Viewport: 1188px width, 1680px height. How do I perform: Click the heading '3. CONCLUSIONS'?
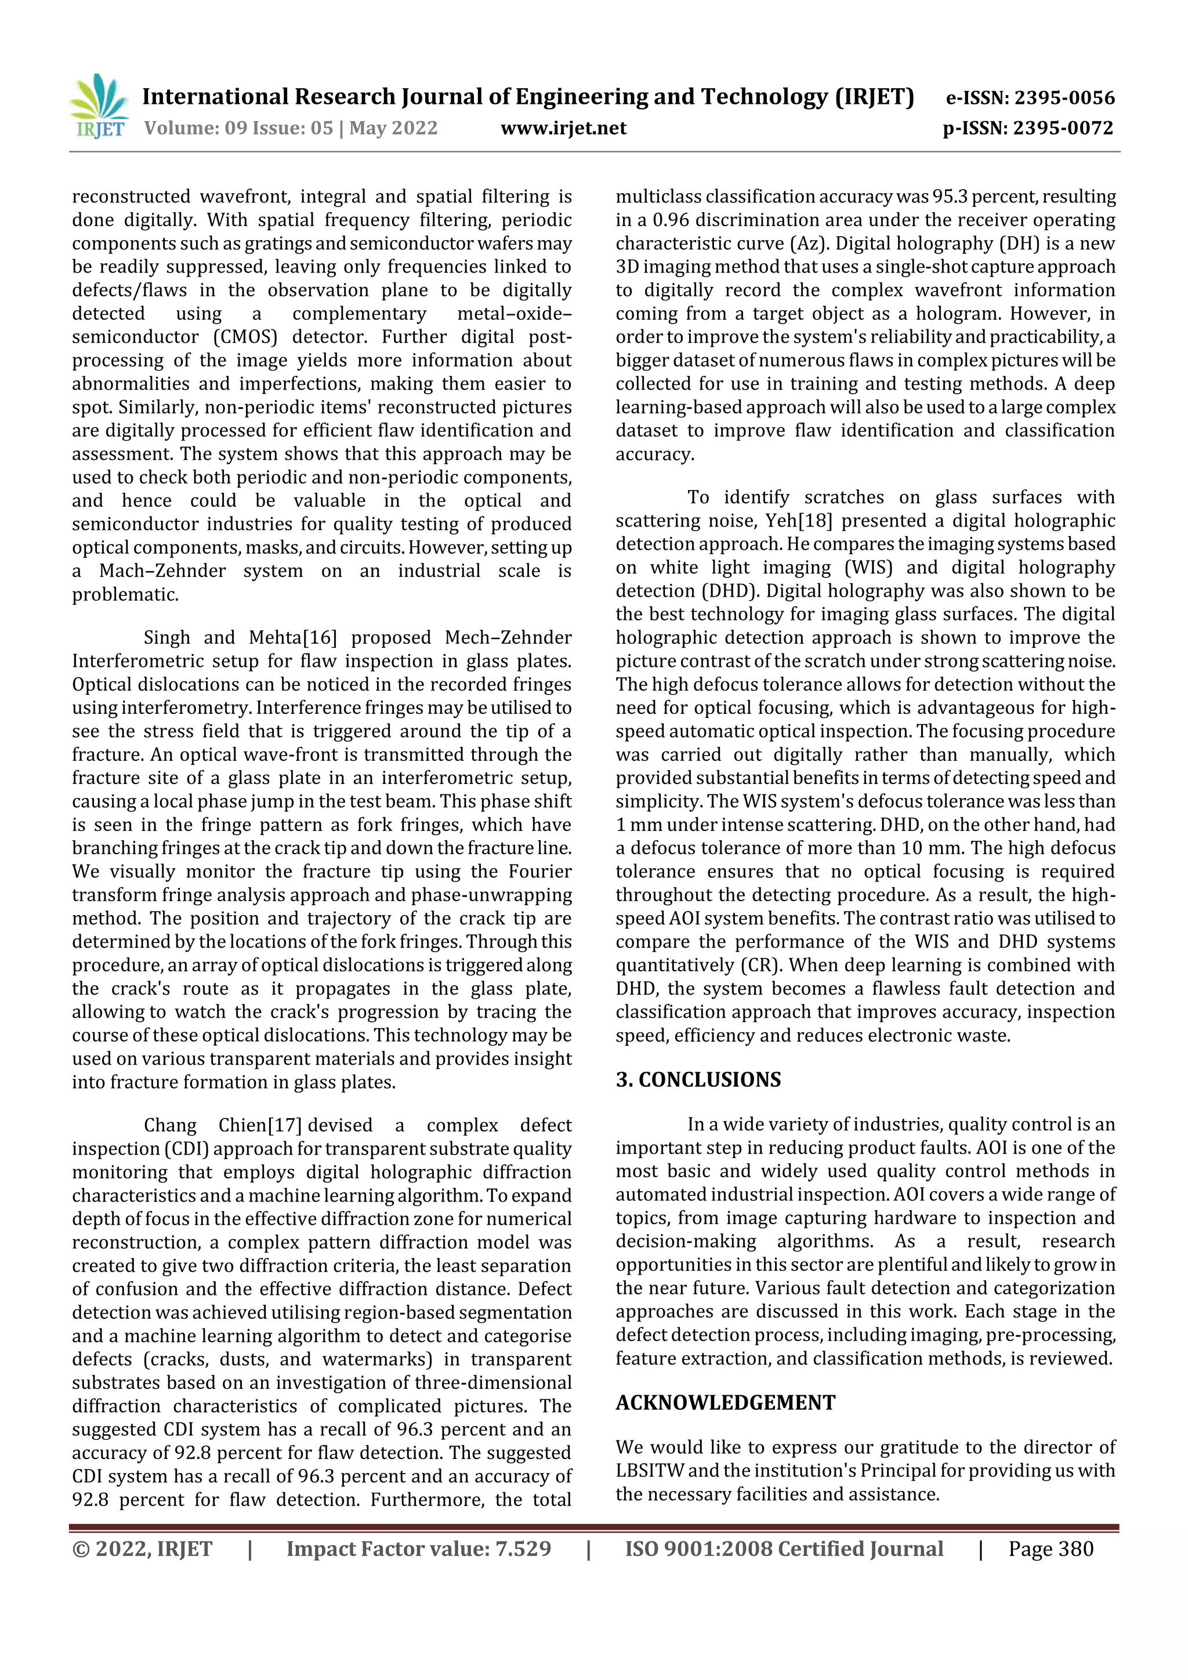tap(698, 1080)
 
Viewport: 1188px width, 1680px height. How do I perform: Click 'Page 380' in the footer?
tap(1051, 1549)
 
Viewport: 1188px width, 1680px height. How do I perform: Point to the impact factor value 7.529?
tap(523, 1549)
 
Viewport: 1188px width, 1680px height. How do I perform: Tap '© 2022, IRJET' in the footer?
tap(142, 1549)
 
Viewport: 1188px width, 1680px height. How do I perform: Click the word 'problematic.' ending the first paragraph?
tap(125, 595)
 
